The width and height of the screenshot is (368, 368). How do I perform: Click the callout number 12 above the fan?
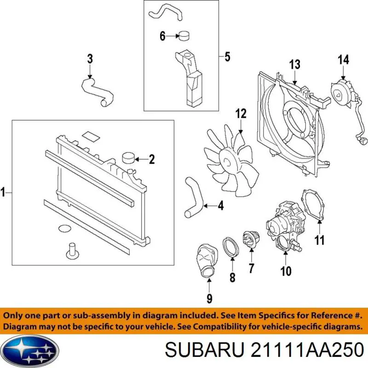pos(241,114)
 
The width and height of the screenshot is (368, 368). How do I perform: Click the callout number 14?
pos(343,59)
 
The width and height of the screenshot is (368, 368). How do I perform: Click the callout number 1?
pos(3,192)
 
